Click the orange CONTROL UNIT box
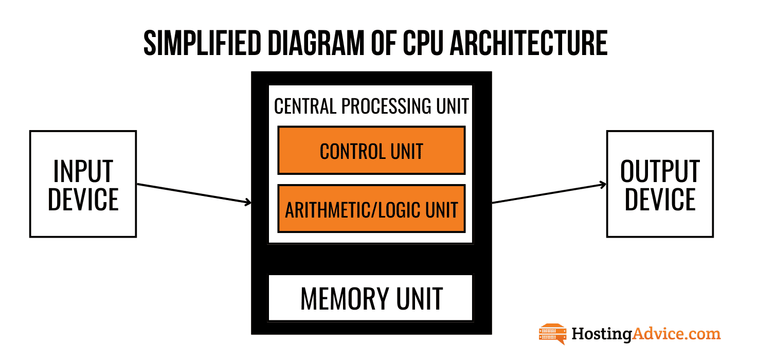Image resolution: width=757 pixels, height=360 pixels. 371,150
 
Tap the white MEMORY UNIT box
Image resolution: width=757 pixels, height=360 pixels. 370,298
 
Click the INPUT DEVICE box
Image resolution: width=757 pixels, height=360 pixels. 83,184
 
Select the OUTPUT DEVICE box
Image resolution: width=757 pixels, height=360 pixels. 660,184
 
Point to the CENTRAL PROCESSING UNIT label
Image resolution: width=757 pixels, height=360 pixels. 371,106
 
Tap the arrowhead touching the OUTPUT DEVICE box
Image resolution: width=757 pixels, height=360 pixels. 602,185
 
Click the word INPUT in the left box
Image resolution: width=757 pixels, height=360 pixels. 83,171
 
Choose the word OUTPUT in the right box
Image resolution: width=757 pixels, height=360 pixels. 660,171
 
